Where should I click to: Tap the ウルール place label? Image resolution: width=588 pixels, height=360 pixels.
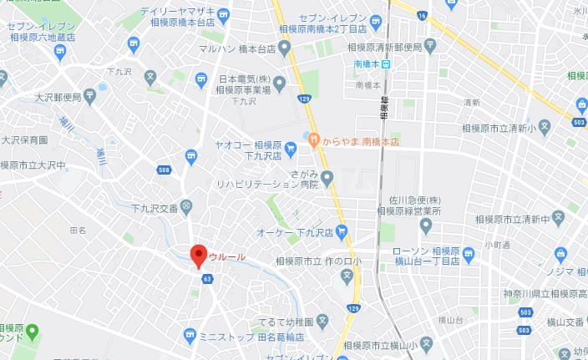tap(227, 256)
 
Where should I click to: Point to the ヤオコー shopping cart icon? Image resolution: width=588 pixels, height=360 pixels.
tap(290, 150)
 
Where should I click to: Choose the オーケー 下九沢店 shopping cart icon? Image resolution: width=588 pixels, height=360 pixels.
tap(342, 233)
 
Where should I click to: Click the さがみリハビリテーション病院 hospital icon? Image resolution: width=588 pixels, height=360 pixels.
tap(327, 177)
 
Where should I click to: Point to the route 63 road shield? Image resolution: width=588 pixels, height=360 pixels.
tap(206, 280)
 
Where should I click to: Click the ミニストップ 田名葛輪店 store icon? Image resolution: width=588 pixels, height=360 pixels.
tap(190, 336)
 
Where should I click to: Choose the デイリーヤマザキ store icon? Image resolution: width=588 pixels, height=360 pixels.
tap(224, 13)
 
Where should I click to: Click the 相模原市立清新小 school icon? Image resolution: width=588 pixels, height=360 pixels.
tap(544, 129)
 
